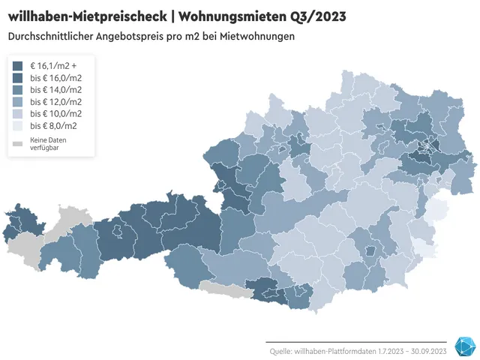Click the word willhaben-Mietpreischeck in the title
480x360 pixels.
[x=86, y=16]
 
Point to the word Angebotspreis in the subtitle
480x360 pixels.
[x=136, y=36]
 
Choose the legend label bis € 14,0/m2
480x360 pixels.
[x=55, y=90]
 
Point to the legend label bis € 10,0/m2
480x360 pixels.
[x=55, y=114]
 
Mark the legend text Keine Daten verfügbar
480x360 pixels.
[x=44, y=145]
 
